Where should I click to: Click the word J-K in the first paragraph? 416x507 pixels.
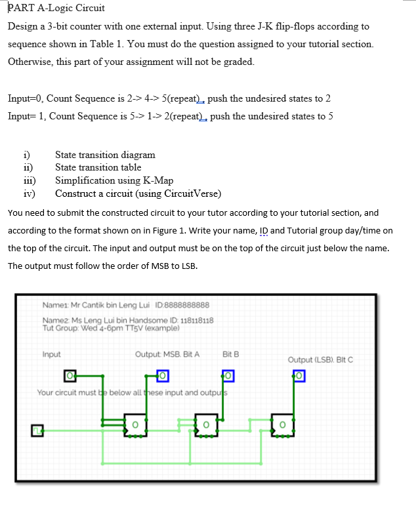[256, 27]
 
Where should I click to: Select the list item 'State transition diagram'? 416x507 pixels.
[105, 155]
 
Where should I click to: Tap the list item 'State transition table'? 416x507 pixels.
[98, 168]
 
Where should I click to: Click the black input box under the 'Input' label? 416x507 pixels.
[70, 376]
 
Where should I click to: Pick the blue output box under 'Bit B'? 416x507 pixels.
[228, 376]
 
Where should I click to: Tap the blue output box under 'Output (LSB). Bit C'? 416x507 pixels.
[299, 376]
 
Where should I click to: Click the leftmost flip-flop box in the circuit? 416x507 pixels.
[135, 424]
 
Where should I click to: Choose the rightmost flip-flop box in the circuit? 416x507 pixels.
[282, 424]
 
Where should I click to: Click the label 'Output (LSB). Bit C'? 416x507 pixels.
[321, 359]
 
